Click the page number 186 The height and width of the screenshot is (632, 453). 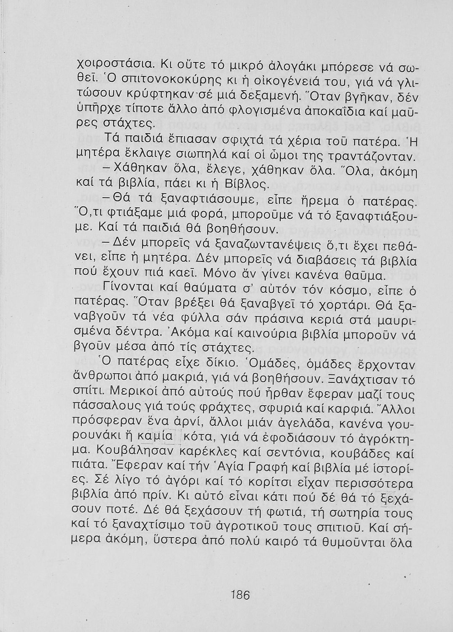(241, 595)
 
